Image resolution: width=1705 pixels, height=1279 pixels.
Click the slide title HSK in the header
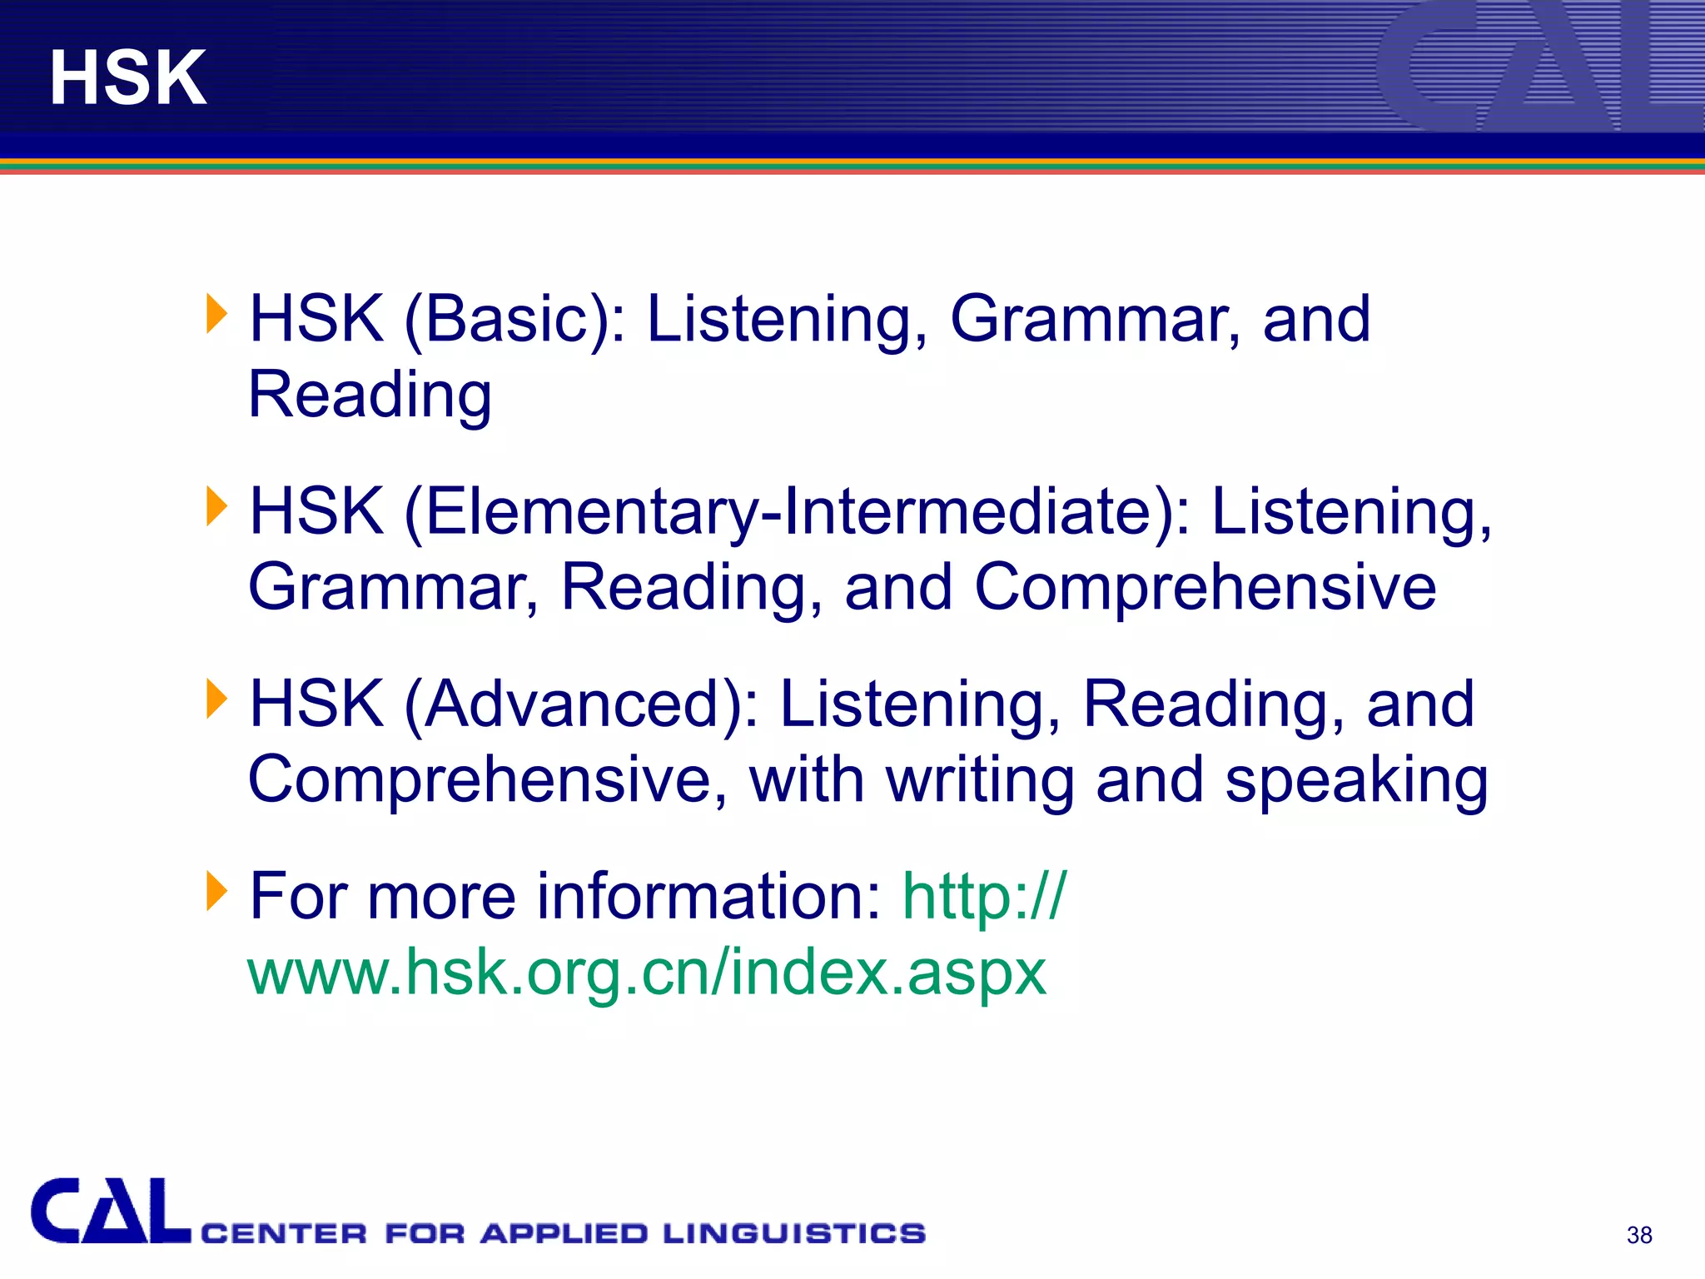coord(128,77)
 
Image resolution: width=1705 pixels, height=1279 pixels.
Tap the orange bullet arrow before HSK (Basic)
coord(216,315)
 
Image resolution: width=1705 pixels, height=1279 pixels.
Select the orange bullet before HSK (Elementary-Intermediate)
coord(216,506)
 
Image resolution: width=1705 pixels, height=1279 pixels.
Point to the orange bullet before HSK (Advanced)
coord(216,699)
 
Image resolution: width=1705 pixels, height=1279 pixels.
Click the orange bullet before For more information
coord(216,891)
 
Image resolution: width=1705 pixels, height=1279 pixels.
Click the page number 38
coord(1639,1235)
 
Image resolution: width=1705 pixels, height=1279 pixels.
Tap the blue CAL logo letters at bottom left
coord(110,1212)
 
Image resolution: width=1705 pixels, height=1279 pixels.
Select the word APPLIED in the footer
coord(564,1233)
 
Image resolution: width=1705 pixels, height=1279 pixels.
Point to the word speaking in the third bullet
coord(1356,781)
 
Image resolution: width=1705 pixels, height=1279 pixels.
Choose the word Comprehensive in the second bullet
coord(1205,588)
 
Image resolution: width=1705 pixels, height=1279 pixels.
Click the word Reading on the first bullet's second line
coord(370,395)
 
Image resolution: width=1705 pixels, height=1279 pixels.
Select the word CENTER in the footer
coord(284,1233)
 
